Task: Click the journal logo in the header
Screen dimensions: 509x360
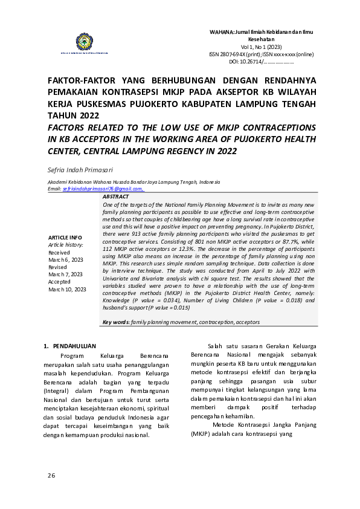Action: click(x=83, y=43)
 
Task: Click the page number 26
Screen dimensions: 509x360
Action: click(x=51, y=476)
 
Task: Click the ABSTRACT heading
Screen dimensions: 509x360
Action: click(x=115, y=197)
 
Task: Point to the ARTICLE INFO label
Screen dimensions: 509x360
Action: click(x=65, y=237)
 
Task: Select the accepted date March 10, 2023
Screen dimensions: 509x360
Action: click(x=67, y=290)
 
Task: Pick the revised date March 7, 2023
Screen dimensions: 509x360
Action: click(x=64, y=274)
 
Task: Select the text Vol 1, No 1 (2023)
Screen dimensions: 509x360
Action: click(x=261, y=47)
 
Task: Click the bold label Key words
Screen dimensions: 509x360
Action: click(x=115, y=322)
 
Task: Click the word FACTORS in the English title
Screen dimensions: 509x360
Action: click(x=71, y=128)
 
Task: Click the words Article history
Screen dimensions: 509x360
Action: click(x=66, y=245)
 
